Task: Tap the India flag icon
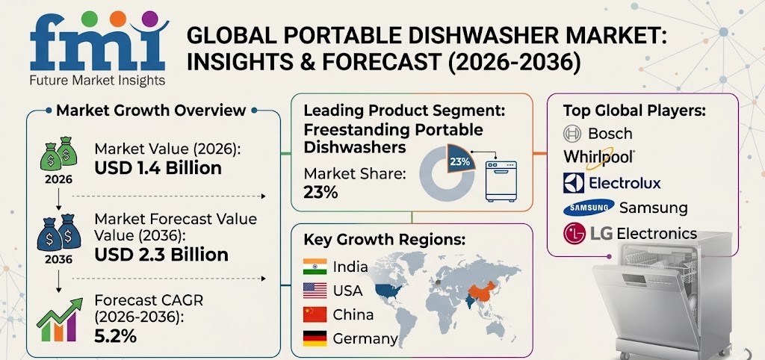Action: click(315, 266)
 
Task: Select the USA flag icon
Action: click(315, 290)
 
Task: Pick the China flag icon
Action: click(315, 314)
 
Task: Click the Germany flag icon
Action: click(315, 338)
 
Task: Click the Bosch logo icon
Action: click(572, 134)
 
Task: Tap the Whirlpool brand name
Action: click(600, 157)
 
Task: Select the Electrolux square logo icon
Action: click(573, 182)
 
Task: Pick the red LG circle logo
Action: click(575, 233)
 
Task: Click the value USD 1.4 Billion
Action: click(158, 168)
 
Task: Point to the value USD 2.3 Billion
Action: click(161, 255)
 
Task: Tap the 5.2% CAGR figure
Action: click(115, 336)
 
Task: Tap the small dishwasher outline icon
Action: click(501, 176)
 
